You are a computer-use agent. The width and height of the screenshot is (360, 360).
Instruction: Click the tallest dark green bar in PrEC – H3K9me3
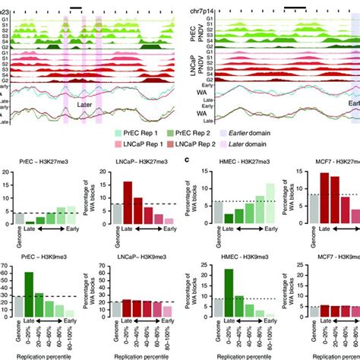pos(29,295)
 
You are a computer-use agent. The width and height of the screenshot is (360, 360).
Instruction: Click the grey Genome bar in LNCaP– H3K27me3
pos(116,216)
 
